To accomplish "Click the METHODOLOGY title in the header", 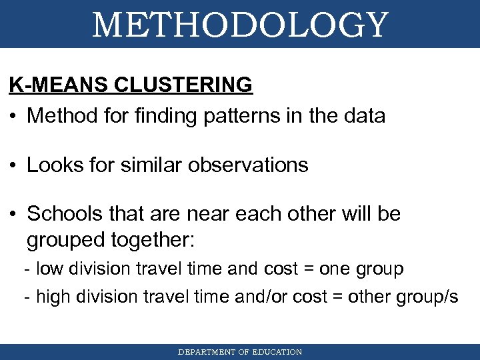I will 240,25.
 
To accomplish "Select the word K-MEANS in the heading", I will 59,85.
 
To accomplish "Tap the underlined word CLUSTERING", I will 183,85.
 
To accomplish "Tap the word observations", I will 248,165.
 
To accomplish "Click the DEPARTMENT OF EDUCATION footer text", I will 240,352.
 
